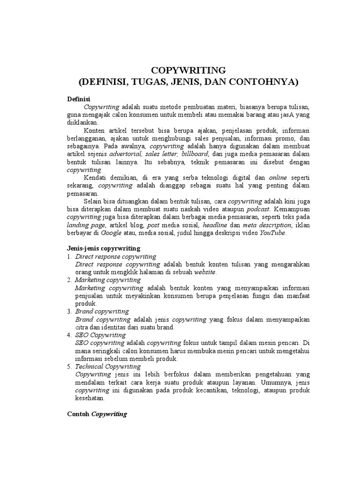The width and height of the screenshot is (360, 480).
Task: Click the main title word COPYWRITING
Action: [x=188, y=70]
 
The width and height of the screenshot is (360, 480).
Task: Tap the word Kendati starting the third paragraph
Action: [x=96, y=178]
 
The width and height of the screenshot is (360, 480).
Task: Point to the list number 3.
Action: [x=69, y=311]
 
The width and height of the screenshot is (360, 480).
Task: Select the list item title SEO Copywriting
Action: [x=100, y=335]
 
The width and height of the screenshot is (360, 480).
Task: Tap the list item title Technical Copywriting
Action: [x=107, y=367]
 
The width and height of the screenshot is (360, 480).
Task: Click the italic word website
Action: [x=205, y=272]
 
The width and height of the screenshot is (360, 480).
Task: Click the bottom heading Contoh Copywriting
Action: [x=97, y=415]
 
